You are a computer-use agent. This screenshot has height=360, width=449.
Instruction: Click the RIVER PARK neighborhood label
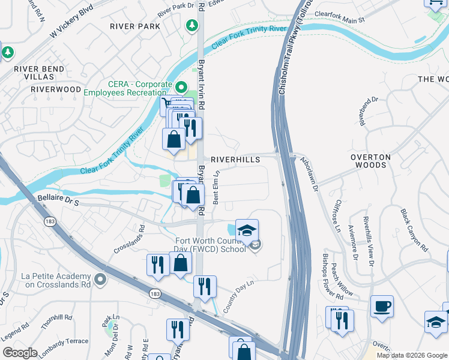point(135,26)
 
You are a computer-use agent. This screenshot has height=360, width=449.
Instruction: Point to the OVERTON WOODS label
point(370,161)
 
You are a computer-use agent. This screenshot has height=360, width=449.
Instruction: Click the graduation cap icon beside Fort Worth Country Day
point(246,230)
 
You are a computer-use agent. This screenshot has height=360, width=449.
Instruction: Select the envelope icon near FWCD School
point(256,245)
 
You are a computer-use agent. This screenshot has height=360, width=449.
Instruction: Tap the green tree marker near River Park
point(191,26)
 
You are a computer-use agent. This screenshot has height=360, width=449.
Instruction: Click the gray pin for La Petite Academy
point(100,280)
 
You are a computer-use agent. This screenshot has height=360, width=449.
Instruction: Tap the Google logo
point(20,353)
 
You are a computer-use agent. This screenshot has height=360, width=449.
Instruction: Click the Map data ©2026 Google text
point(411,355)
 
